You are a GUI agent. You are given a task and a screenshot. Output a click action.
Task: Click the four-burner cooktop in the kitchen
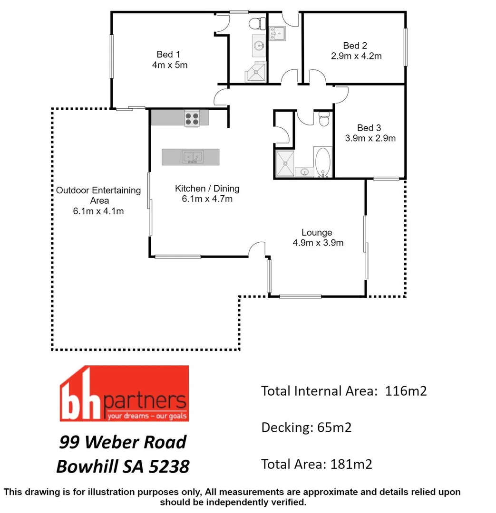click(x=192, y=118)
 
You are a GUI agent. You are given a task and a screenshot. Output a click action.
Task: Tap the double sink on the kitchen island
click(x=193, y=156)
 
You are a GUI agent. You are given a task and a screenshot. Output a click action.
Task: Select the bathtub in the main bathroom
click(x=323, y=161)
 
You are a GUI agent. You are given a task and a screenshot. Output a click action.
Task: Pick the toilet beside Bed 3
click(x=324, y=119)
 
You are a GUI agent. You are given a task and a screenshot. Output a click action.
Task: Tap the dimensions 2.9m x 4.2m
click(x=356, y=56)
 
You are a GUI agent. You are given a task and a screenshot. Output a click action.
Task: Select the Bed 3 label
click(x=369, y=128)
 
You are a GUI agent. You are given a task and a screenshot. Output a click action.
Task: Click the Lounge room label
click(x=317, y=233)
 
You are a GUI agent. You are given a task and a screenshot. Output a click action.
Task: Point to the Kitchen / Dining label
click(x=207, y=189)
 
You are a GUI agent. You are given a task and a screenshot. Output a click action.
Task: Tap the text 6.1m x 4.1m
click(x=98, y=211)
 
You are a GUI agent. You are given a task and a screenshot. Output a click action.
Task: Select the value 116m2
click(x=406, y=391)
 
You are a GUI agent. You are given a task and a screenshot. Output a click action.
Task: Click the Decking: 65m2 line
click(x=306, y=427)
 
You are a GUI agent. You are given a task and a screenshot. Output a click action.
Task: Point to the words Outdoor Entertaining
click(x=98, y=190)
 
